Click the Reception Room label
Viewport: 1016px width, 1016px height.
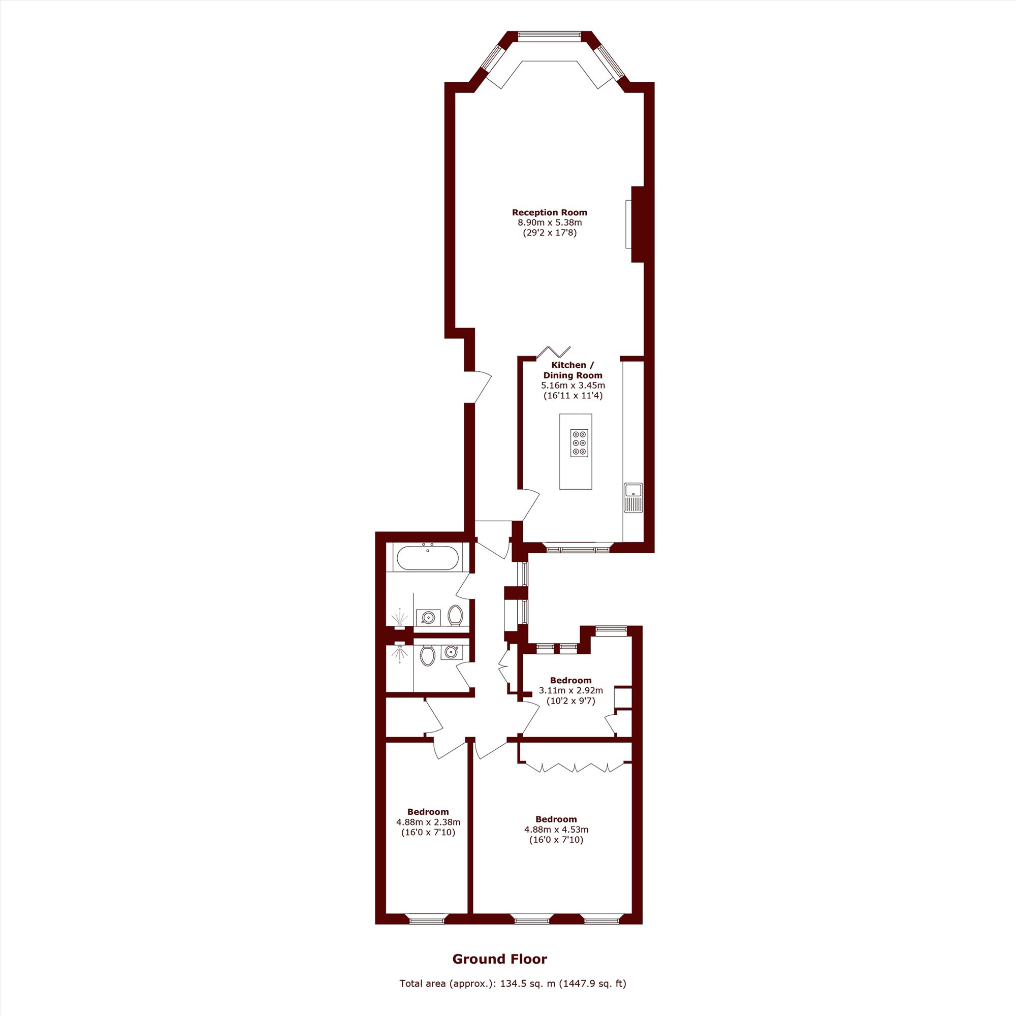point(550,212)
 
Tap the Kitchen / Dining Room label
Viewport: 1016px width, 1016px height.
point(573,370)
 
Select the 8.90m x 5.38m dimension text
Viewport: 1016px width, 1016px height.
point(550,223)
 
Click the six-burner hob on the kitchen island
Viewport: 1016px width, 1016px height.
point(579,443)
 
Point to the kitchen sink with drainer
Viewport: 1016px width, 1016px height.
point(633,497)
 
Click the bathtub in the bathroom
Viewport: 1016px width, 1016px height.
point(428,558)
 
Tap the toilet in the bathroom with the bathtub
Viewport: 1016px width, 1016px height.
point(455,616)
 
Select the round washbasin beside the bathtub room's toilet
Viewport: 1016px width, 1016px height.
point(428,617)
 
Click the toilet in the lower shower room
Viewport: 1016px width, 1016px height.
point(428,655)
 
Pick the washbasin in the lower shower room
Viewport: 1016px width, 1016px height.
point(450,652)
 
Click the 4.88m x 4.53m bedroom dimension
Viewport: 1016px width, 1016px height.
point(556,830)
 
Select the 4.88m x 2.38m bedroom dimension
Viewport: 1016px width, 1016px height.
point(428,822)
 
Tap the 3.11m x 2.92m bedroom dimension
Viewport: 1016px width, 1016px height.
point(570,690)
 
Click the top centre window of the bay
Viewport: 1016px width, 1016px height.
point(550,36)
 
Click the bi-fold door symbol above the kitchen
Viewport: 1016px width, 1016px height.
point(553,353)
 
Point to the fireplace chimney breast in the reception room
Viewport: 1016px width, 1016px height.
point(638,224)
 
